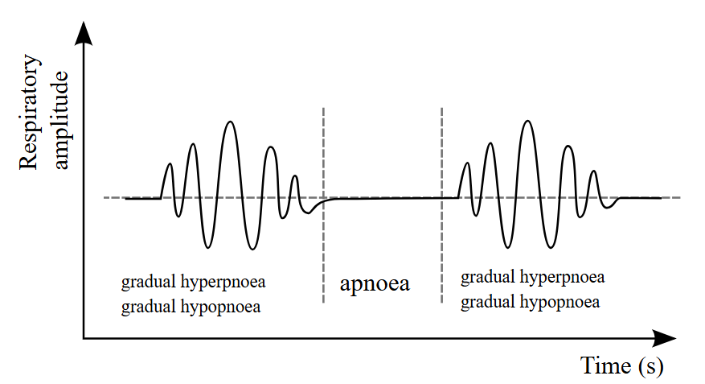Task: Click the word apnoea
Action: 375,284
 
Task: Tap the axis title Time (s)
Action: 622,365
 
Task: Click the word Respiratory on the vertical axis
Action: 29,112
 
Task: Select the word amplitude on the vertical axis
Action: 61,120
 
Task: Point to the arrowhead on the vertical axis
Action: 84,33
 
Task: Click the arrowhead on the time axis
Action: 664,338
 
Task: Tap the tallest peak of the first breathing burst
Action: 231,122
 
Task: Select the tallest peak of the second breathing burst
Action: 528,122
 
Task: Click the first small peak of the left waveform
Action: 170,164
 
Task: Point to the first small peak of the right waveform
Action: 468,163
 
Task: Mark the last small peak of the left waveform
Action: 294,176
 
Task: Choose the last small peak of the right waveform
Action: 594,171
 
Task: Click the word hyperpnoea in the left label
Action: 223,283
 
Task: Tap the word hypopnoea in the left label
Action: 220,308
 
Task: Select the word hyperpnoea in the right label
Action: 563,278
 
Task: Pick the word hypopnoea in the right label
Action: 559,303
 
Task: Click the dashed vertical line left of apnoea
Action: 324,205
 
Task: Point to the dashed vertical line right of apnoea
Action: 442,205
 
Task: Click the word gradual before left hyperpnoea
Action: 149,283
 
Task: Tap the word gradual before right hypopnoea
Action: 488,303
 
